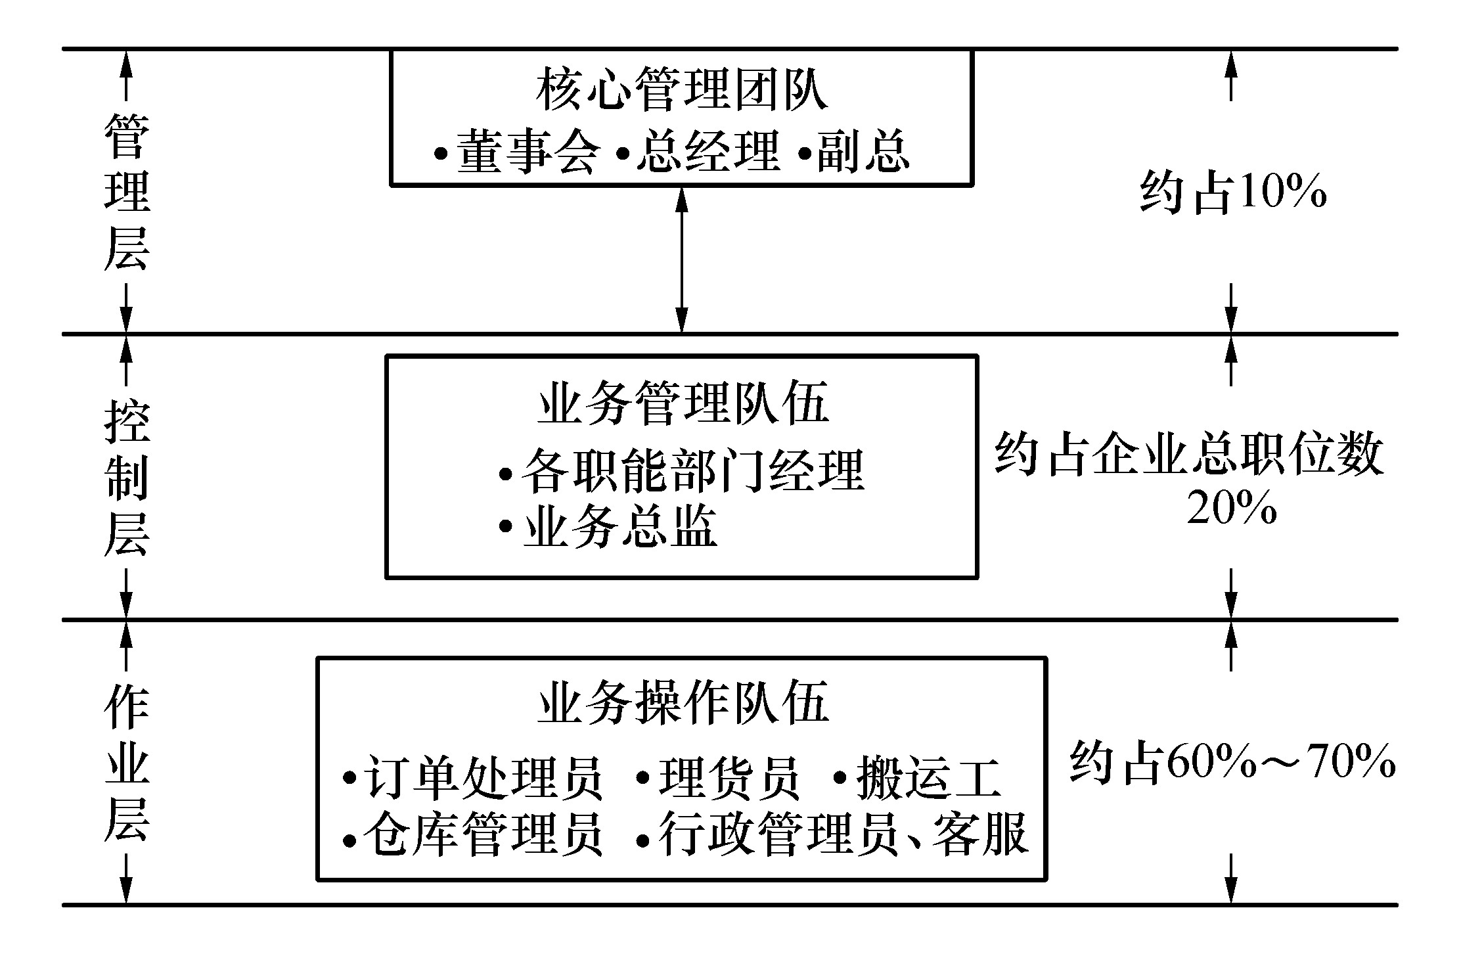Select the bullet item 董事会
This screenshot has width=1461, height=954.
coord(516,151)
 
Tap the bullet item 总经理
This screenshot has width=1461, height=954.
coord(698,151)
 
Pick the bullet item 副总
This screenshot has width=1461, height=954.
coord(853,151)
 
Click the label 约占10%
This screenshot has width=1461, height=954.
coord(1233,193)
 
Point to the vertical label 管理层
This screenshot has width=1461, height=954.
coord(127,192)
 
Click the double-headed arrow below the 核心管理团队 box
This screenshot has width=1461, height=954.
coord(682,260)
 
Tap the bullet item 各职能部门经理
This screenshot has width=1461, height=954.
coord(681,470)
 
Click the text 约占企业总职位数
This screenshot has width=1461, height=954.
coord(1189,453)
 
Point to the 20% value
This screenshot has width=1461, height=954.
coord(1232,508)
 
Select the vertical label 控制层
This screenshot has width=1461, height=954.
coord(127,478)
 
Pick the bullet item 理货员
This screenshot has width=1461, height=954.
coord(718,778)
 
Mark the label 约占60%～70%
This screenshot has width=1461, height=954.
coord(1232,762)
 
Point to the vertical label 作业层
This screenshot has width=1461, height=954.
coord(127,763)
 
